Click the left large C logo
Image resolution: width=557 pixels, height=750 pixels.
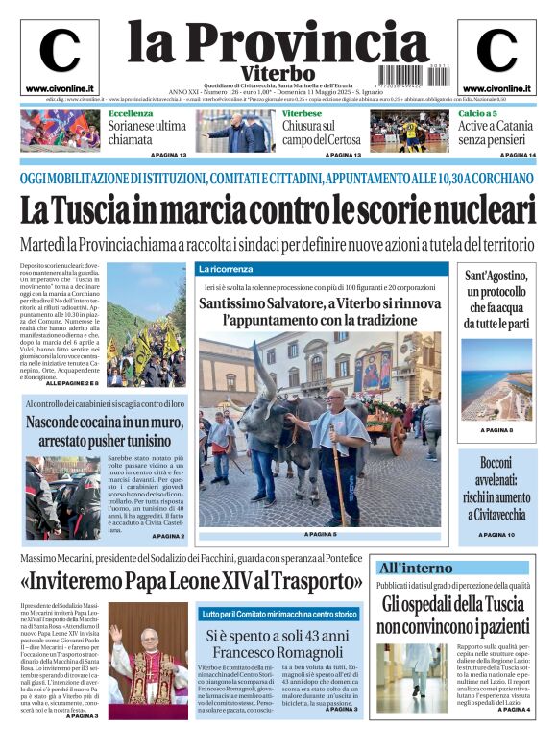pos(60,51)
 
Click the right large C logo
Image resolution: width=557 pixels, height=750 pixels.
pos(496,51)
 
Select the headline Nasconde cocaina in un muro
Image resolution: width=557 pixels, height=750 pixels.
pos(105,432)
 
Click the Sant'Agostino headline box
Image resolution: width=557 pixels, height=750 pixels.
pos(497,301)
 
